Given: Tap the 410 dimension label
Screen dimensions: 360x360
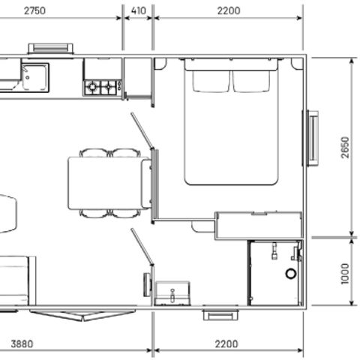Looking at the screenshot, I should tap(138, 11).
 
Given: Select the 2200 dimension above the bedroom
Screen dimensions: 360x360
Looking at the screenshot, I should tap(228, 11).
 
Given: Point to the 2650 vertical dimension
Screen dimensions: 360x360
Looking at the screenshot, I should tap(343, 147).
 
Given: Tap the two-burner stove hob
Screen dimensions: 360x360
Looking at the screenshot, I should tap(103, 87).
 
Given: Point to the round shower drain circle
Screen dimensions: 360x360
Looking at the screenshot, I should tap(291, 274).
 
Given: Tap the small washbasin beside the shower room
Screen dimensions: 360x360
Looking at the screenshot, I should tap(172, 292).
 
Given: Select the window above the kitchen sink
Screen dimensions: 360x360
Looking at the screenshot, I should tap(50, 49).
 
